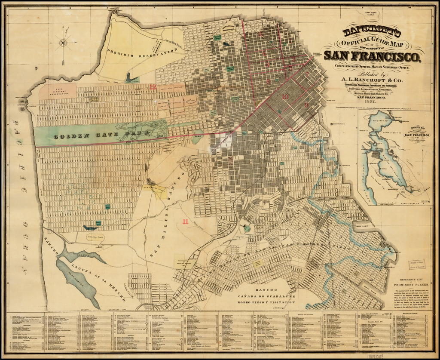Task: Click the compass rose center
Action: pyautogui.click(x=63, y=42)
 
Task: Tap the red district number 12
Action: pyautogui.click(x=153, y=86)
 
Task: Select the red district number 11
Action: pyautogui.click(x=185, y=222)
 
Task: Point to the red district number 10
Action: pyautogui.click(x=285, y=96)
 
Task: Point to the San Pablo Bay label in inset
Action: pyautogui.click(x=380, y=120)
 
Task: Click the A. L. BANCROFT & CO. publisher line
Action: pyautogui.click(x=371, y=80)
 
